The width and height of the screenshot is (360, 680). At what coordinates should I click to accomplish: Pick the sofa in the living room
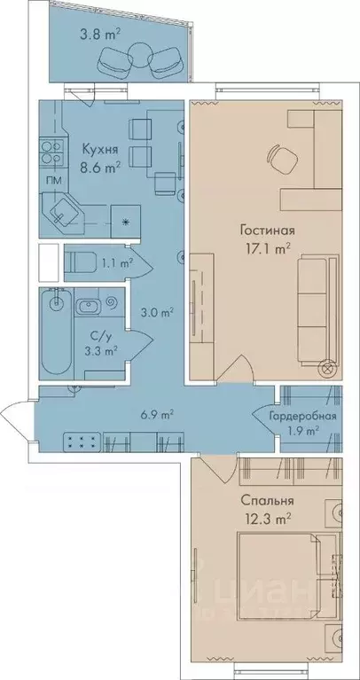pos(315,310)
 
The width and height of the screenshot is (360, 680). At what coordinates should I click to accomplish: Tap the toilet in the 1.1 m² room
pos(78,262)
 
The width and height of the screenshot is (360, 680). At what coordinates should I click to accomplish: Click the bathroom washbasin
pos(91,308)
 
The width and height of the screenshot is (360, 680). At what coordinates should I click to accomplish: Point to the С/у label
pos(88,334)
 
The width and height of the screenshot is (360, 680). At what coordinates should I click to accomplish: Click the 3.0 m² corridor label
pos(157,312)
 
